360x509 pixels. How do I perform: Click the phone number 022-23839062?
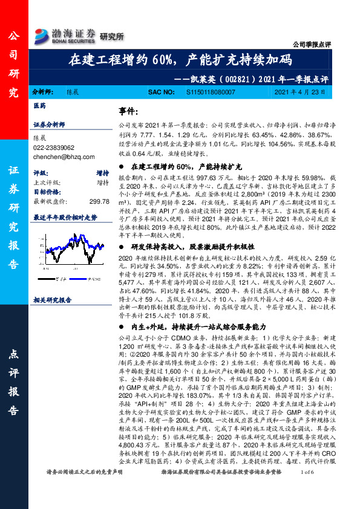tap(53, 147)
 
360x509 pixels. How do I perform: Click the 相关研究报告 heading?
tap(53, 299)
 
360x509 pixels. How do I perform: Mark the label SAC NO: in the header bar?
tap(162, 92)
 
